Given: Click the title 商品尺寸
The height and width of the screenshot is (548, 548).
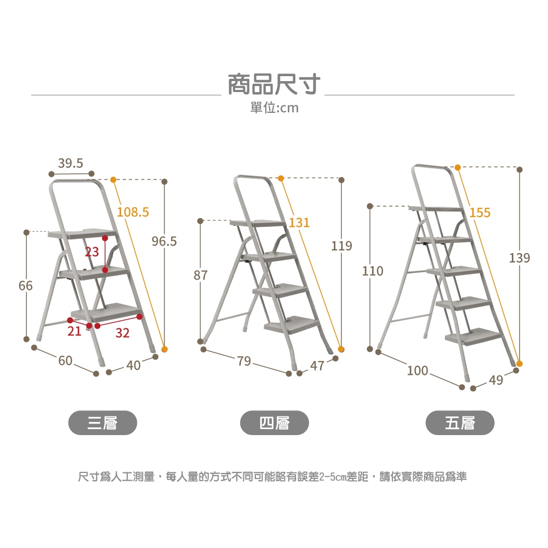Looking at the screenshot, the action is pyautogui.click(x=274, y=84).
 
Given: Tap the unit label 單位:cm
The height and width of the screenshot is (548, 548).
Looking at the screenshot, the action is pyautogui.click(x=275, y=107).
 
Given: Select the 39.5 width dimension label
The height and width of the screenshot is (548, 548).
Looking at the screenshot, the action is pyautogui.click(x=71, y=163).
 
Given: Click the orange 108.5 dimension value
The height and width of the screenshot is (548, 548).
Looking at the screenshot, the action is pyautogui.click(x=133, y=212).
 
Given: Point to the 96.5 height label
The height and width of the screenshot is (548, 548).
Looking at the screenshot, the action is pyautogui.click(x=164, y=241).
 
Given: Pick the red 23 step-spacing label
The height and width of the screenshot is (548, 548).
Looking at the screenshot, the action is pyautogui.click(x=92, y=252).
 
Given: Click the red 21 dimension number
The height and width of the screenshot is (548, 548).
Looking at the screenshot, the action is pyautogui.click(x=74, y=331).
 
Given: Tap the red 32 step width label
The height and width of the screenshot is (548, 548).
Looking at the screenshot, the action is pyautogui.click(x=122, y=333).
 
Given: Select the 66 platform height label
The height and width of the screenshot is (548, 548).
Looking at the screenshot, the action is pyautogui.click(x=26, y=286).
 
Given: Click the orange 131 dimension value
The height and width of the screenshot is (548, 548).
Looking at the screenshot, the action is pyautogui.click(x=299, y=222).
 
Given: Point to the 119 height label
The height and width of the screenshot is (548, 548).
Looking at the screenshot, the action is pyautogui.click(x=341, y=246).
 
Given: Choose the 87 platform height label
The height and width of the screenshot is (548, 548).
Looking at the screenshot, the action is pyautogui.click(x=201, y=275).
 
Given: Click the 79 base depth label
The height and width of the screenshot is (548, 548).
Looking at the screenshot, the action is pyautogui.click(x=244, y=361).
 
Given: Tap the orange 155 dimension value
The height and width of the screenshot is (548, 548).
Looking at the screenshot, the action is pyautogui.click(x=480, y=213).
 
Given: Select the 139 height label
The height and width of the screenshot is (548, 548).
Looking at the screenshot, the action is pyautogui.click(x=520, y=258).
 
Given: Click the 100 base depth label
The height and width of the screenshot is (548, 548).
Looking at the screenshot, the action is pyautogui.click(x=417, y=370).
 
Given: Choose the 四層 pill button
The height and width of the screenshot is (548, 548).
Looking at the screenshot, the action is pyautogui.click(x=275, y=423).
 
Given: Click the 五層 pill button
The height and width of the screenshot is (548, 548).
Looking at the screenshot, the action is pyautogui.click(x=460, y=423).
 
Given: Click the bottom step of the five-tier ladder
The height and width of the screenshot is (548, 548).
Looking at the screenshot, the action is pyautogui.click(x=473, y=336).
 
